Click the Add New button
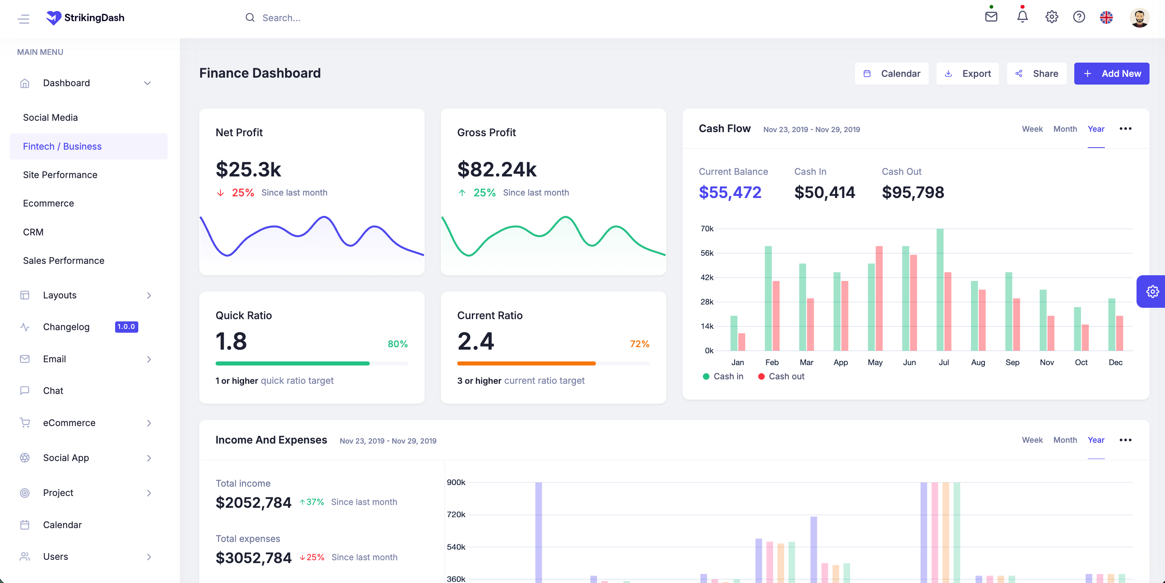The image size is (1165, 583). click(x=1111, y=73)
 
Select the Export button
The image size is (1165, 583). click(x=967, y=73)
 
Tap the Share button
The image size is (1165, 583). click(x=1036, y=73)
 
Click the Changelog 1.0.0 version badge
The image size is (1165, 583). click(x=127, y=326)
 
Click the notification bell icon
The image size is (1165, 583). click(x=1022, y=16)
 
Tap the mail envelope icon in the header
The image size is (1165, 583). click(x=991, y=16)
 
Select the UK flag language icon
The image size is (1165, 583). click(x=1106, y=17)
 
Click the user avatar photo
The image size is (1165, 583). click(x=1139, y=17)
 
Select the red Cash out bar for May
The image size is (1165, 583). click(x=879, y=298)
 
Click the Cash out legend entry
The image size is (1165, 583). click(x=781, y=376)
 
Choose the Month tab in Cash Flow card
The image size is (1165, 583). click(x=1065, y=129)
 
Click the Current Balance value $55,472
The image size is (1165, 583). click(x=730, y=192)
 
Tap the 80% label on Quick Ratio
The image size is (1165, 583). click(x=397, y=344)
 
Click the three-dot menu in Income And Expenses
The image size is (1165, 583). click(x=1125, y=440)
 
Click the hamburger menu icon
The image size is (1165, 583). click(x=24, y=19)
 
